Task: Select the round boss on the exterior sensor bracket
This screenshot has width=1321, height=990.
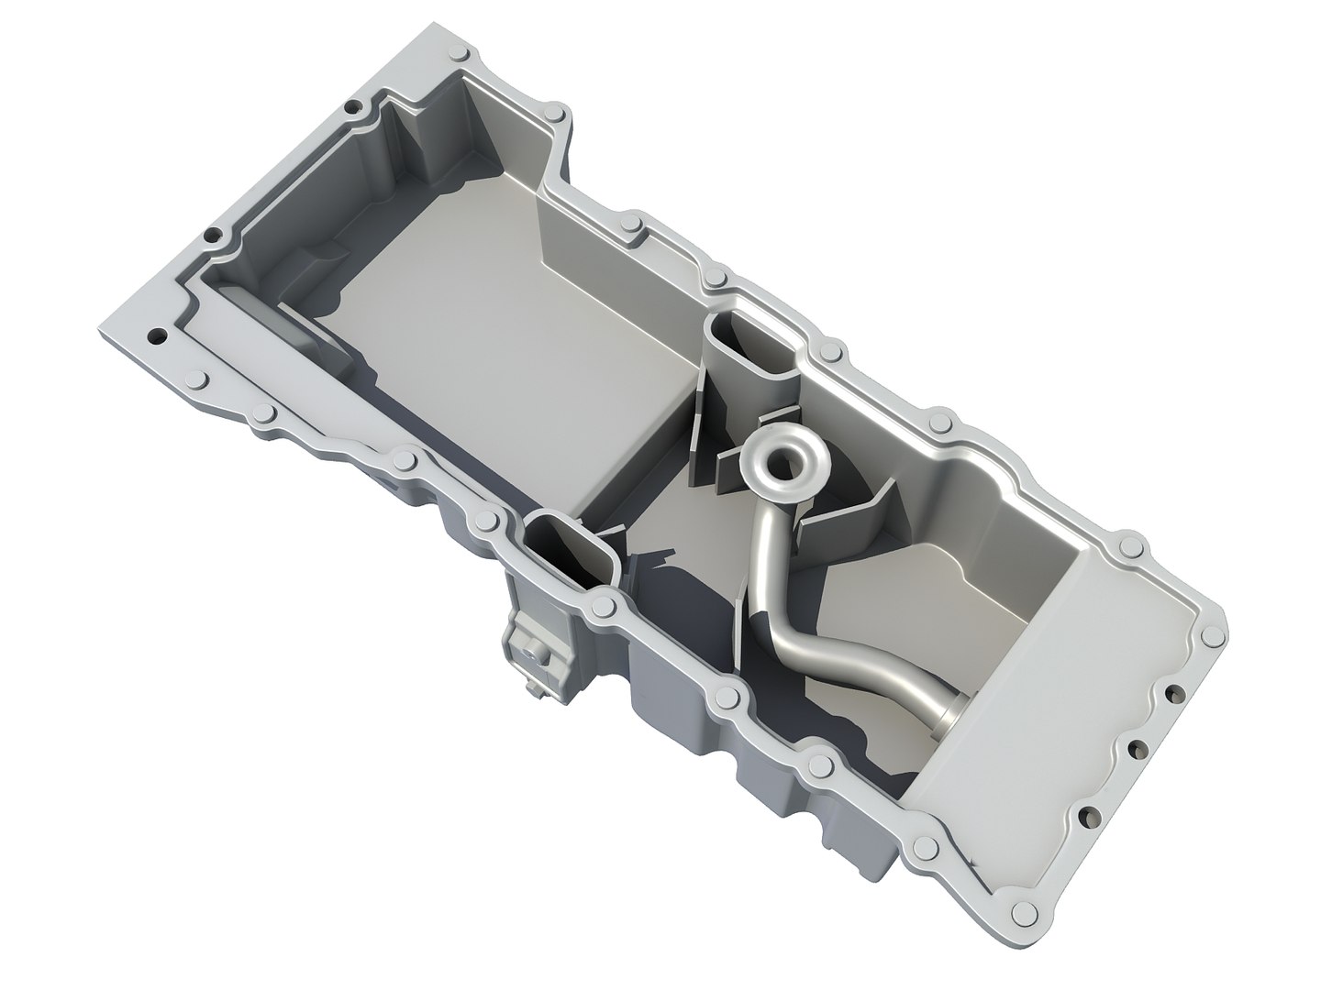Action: [530, 646]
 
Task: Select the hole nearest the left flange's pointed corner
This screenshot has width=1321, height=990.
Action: [156, 335]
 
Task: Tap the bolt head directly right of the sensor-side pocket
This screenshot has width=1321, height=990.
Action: [603, 606]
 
